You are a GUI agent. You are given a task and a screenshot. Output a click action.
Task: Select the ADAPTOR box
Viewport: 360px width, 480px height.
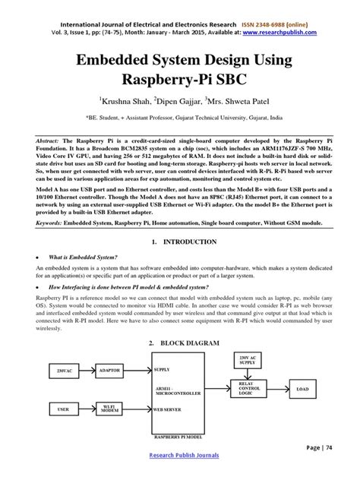pos(110,371)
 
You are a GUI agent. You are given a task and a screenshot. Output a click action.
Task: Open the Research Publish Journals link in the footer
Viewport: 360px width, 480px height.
pos(180,455)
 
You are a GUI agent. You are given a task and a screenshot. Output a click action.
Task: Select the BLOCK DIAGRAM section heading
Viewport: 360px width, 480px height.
pos(185,343)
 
